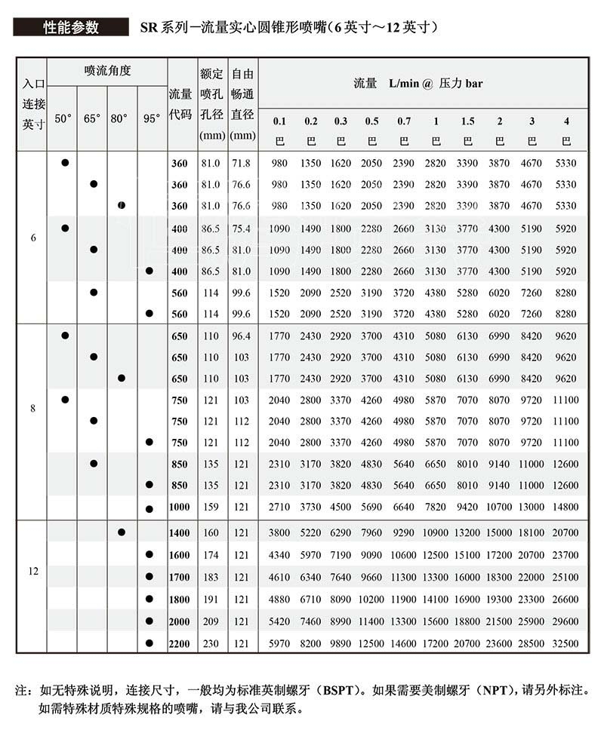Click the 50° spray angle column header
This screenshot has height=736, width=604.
tap(63, 118)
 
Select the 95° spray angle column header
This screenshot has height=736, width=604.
tap(152, 118)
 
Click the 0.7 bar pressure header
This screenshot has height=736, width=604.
tap(404, 121)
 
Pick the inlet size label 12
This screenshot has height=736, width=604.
tap(33, 571)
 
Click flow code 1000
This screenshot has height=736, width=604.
tap(179, 507)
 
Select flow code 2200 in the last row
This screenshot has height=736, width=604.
tap(179, 643)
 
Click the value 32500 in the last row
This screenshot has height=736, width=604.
tap(565, 643)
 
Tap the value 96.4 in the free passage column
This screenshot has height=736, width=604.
tap(241, 336)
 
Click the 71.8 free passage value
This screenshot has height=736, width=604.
tap(241, 163)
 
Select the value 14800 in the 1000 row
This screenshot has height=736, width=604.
tap(565, 507)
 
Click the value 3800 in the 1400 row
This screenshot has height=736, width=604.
tap(279, 533)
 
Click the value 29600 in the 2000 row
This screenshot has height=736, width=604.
tap(565, 621)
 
